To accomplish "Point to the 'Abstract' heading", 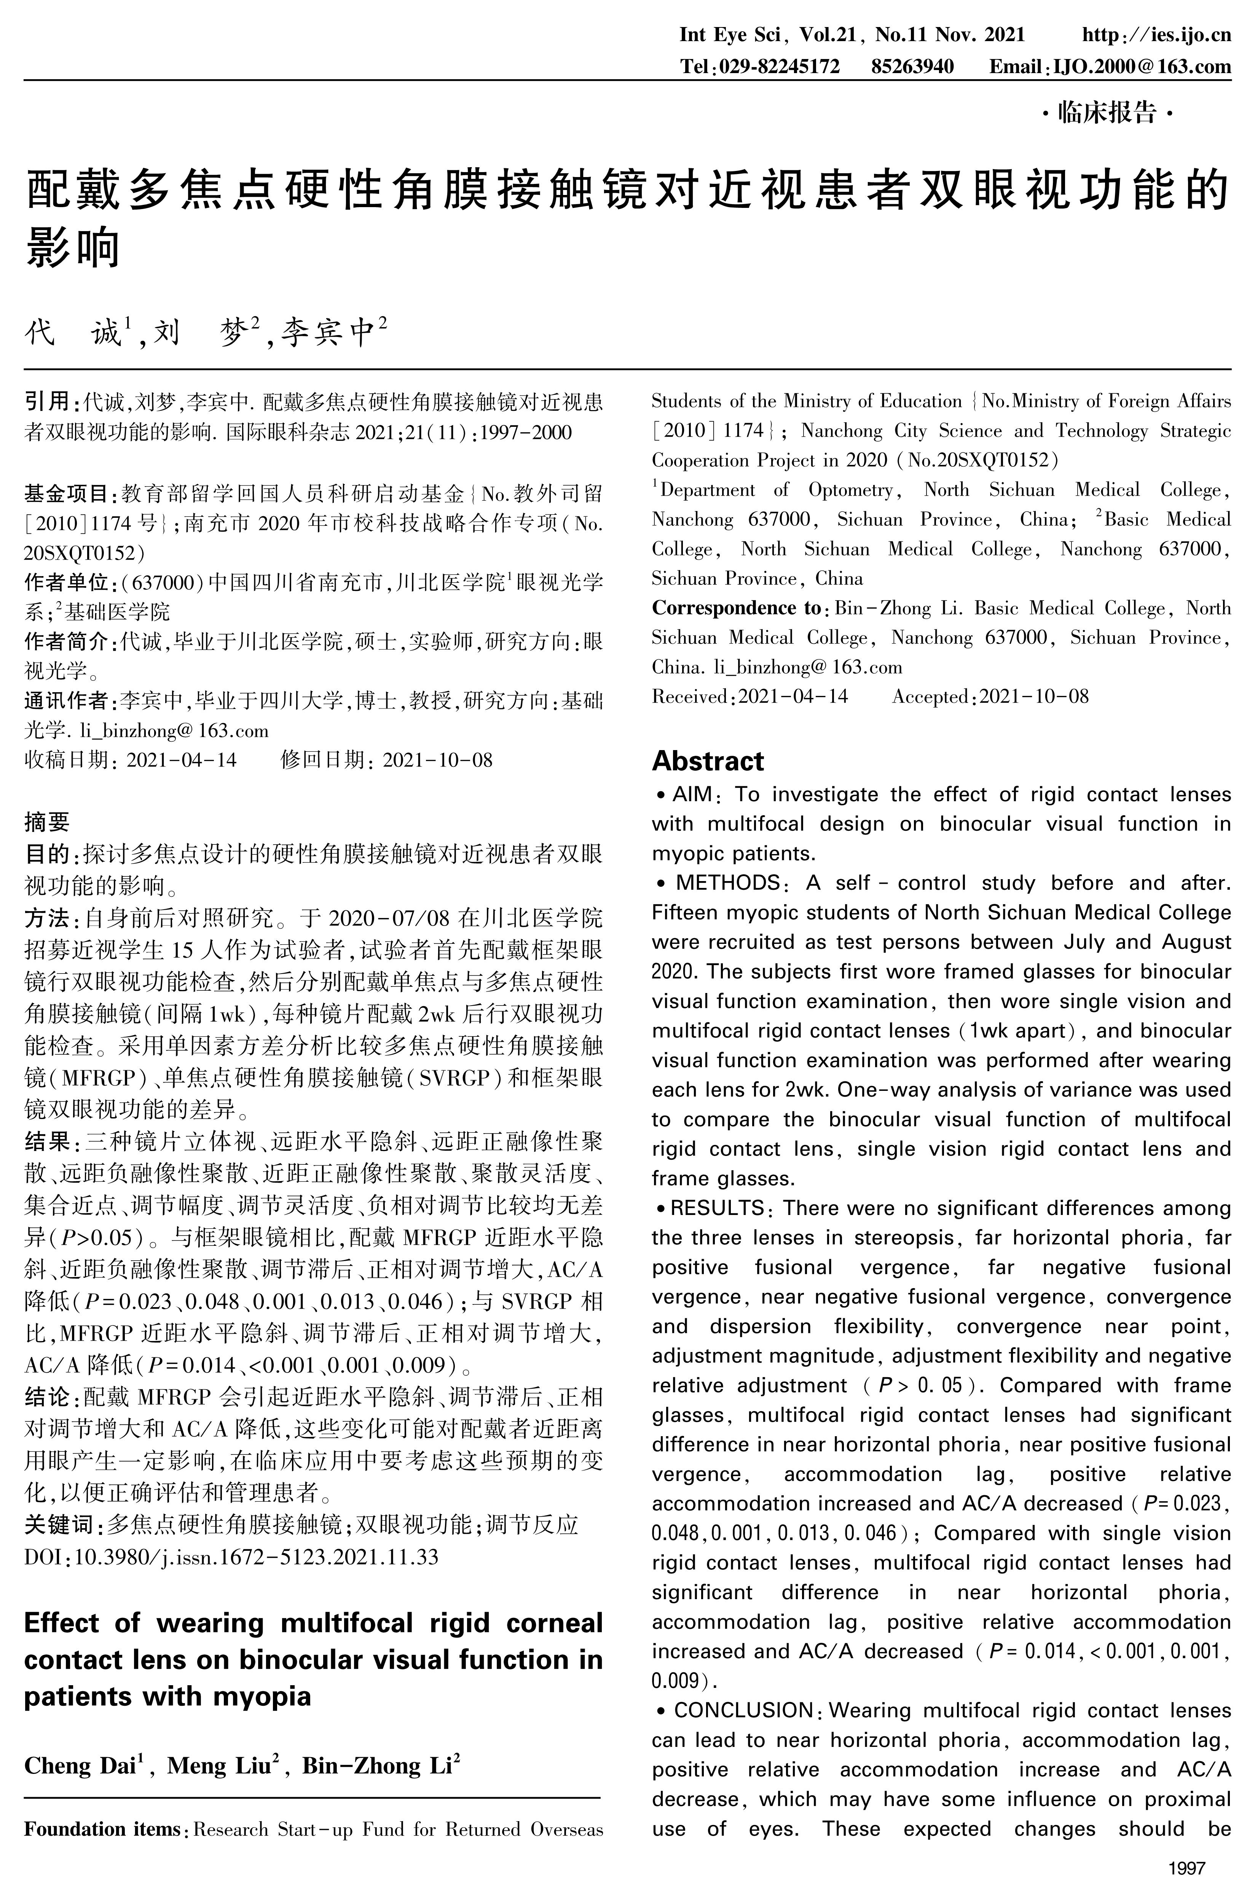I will click(708, 761).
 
